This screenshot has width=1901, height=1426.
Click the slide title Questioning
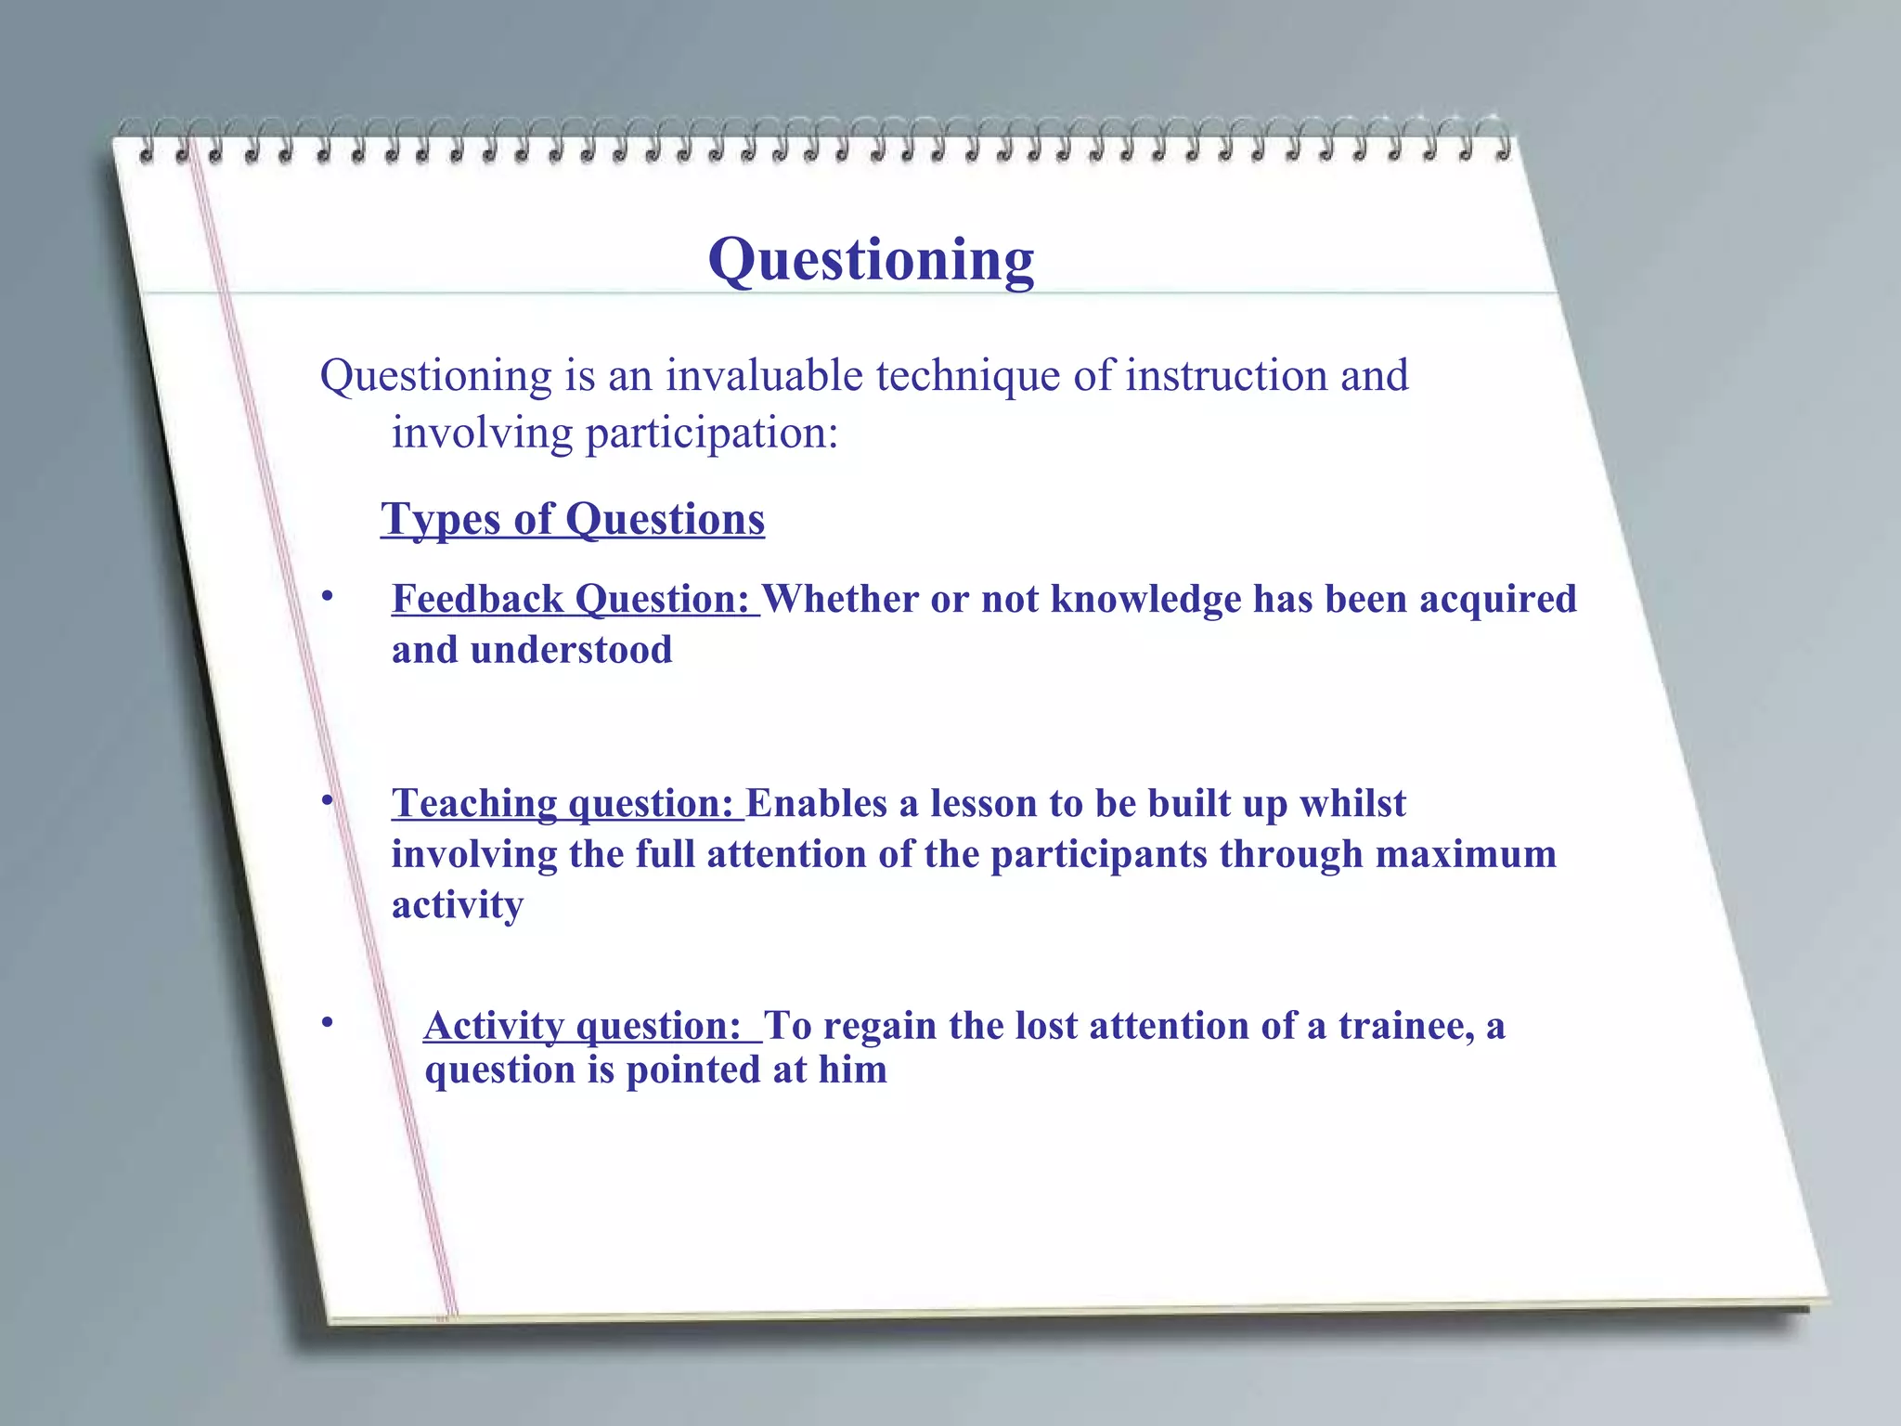coord(871,260)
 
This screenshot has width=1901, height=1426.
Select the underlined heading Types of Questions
coord(573,519)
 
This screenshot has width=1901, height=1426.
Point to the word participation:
coord(712,434)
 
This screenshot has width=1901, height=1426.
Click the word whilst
coord(1352,804)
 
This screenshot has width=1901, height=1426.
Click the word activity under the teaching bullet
coord(458,905)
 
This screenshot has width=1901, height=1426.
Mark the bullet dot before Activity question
coord(327,1023)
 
